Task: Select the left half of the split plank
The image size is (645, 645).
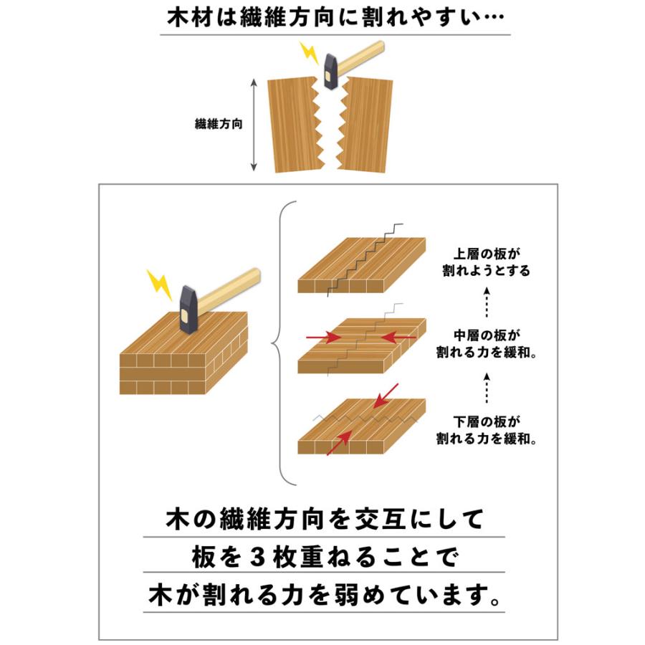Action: tap(292, 124)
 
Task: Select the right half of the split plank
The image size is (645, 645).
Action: tap(368, 123)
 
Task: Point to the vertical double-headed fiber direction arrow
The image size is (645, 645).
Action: tap(254, 125)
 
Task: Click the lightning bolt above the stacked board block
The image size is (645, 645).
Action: tap(159, 284)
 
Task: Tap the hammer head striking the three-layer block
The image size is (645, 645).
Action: tap(188, 309)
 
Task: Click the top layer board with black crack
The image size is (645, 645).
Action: tap(362, 265)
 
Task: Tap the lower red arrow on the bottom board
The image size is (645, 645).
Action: tap(338, 443)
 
